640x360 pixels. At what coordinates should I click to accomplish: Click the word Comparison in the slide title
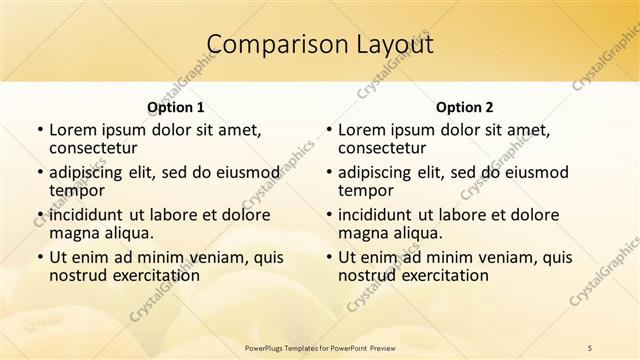click(268, 45)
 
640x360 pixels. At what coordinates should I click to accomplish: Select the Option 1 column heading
click(175, 107)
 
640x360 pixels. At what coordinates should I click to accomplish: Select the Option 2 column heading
click(464, 107)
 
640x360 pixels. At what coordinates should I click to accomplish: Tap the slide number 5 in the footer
click(590, 347)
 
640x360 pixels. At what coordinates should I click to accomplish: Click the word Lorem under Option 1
click(73, 130)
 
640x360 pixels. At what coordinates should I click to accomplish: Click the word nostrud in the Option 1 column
click(76, 275)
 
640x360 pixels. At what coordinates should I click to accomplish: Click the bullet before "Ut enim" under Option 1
click(39, 258)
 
